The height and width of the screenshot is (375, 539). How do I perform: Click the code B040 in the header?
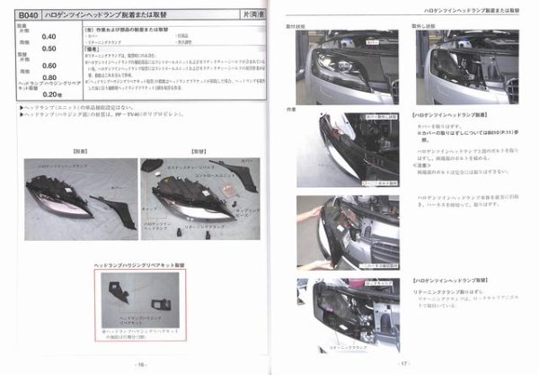30,15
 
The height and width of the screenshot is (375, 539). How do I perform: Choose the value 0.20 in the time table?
51,94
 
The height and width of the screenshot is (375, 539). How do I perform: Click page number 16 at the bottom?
141,364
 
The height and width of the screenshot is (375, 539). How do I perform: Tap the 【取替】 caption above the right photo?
201,152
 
